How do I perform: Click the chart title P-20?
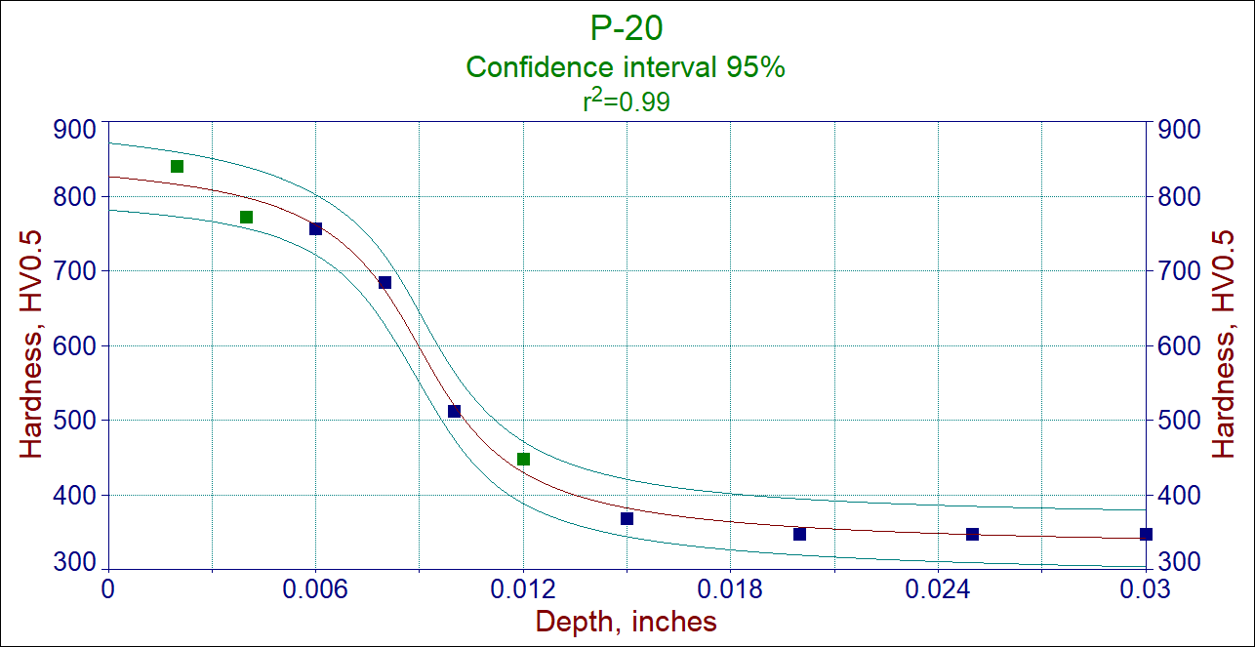pos(627,28)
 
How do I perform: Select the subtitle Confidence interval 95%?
pos(627,67)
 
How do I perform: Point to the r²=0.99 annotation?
pos(627,101)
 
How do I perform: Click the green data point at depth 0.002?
pos(177,166)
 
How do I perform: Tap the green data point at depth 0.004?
pos(246,217)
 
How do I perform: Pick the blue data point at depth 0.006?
pos(315,228)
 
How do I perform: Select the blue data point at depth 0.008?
pos(385,282)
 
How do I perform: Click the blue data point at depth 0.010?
pos(454,411)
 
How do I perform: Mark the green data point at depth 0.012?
pos(523,459)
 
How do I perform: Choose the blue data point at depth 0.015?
pos(627,518)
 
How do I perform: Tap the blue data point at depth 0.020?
pos(799,534)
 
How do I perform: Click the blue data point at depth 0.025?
pos(972,534)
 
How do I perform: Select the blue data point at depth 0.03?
pos(1146,534)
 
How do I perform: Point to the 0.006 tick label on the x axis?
pos(315,589)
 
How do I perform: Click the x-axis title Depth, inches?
pos(627,622)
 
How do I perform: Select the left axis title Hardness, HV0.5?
pos(32,344)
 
